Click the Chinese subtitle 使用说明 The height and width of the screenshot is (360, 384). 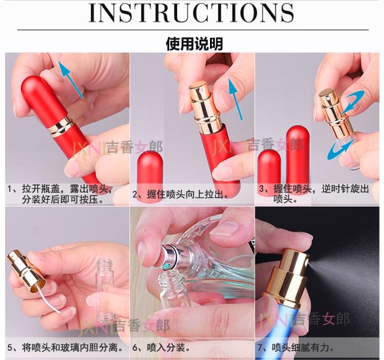click(x=194, y=44)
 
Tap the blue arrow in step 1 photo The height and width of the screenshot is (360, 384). click(x=71, y=80)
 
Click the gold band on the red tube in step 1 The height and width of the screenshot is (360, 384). click(x=61, y=125)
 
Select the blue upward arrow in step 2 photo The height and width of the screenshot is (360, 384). click(x=235, y=99)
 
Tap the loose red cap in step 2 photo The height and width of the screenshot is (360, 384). click(x=150, y=176)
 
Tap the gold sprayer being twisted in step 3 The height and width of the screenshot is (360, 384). click(x=335, y=113)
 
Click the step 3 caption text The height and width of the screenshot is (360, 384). click(x=314, y=194)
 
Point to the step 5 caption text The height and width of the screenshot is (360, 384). click(x=65, y=347)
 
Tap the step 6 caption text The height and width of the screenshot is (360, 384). click(x=162, y=347)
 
